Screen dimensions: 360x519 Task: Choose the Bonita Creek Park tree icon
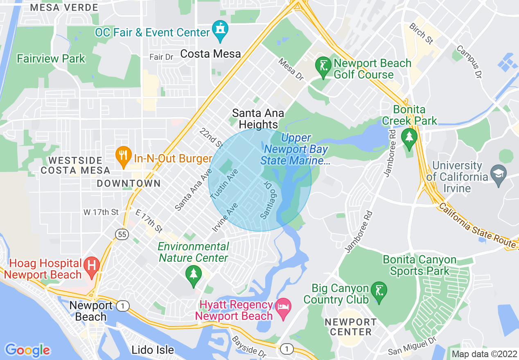[x=409, y=138]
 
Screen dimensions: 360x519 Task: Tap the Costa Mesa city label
[x=210, y=54]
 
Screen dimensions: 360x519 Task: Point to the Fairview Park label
[x=51, y=59]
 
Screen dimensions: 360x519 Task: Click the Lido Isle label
[x=153, y=350]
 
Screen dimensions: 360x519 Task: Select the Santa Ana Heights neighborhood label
[x=258, y=119]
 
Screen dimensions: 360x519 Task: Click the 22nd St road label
[x=211, y=138]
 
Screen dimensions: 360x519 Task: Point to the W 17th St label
[x=101, y=212]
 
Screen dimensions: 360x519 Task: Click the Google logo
[x=27, y=350]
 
